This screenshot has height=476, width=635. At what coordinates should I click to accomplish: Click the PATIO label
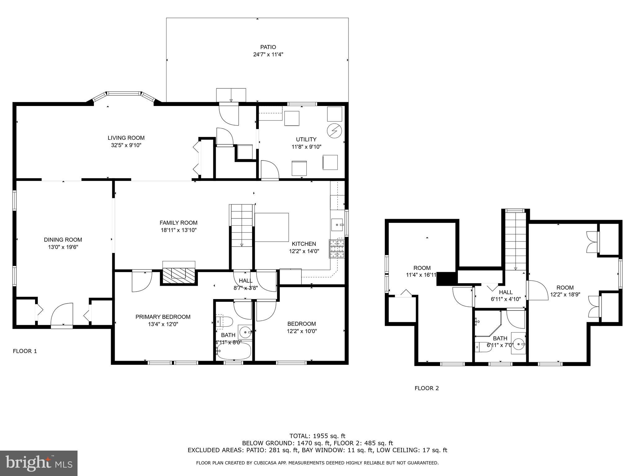268,47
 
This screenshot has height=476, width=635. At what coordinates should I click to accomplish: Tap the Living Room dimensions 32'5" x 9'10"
126,145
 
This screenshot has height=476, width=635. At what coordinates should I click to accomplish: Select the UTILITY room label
306,139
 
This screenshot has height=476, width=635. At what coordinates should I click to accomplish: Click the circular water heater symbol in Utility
335,131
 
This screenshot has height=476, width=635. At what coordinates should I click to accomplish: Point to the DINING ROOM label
63,240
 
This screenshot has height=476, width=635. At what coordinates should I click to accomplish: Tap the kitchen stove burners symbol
337,249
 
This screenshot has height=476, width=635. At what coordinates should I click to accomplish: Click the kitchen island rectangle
272,227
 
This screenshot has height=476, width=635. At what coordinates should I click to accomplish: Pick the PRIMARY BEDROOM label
163,317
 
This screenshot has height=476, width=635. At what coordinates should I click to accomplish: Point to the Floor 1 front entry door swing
62,314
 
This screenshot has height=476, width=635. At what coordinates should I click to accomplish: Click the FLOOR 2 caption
427,388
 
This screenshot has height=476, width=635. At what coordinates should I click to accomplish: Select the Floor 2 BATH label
500,338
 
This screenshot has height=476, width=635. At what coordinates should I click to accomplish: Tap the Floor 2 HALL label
506,292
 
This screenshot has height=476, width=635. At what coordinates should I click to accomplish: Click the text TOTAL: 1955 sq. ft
317,436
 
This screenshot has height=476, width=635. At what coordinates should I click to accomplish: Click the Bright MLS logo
39,463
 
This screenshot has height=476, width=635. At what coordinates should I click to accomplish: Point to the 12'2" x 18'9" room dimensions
565,295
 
